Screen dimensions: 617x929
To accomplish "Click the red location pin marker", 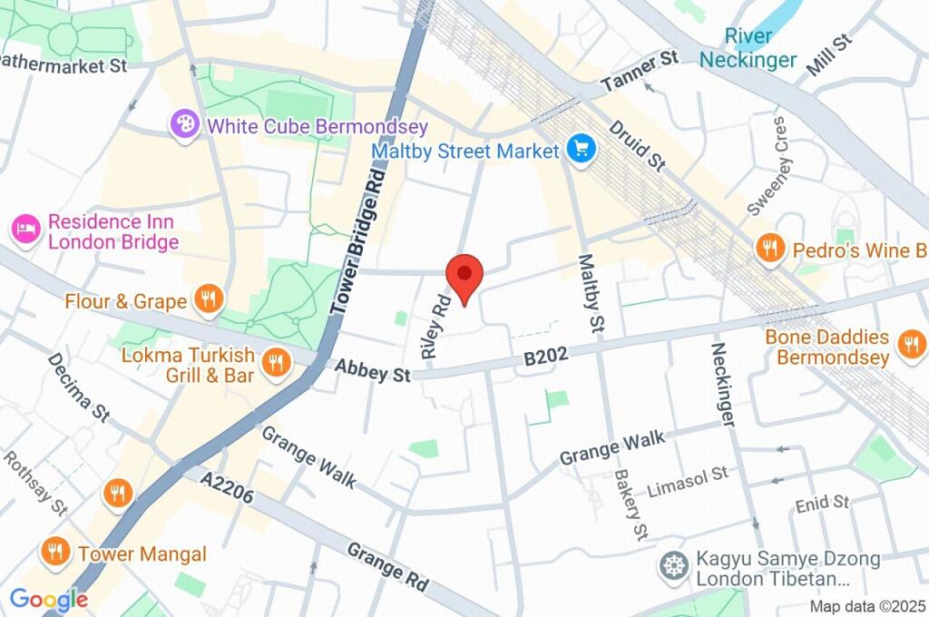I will (x=464, y=275).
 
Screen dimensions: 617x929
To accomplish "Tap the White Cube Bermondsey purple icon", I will (x=185, y=125).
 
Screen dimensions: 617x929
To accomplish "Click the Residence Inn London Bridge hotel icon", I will (x=25, y=230).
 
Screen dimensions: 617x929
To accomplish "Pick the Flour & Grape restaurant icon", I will (x=209, y=300).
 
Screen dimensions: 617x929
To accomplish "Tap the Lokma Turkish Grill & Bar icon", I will (x=273, y=364).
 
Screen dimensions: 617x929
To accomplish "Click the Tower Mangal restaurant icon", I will (x=56, y=553).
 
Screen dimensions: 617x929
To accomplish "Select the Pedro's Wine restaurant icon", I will (x=770, y=249).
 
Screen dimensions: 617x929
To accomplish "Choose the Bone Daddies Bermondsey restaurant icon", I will (x=909, y=345).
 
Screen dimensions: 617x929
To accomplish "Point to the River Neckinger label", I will (x=748, y=48).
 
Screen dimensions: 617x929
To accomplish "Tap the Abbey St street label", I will (x=372, y=369).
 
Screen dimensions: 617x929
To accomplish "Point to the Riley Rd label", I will (x=435, y=325).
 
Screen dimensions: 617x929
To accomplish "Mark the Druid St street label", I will (x=638, y=145).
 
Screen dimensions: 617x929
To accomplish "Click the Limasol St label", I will (x=688, y=482).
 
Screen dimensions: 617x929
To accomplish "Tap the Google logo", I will (x=48, y=599).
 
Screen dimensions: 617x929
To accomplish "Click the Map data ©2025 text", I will (x=868, y=606).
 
